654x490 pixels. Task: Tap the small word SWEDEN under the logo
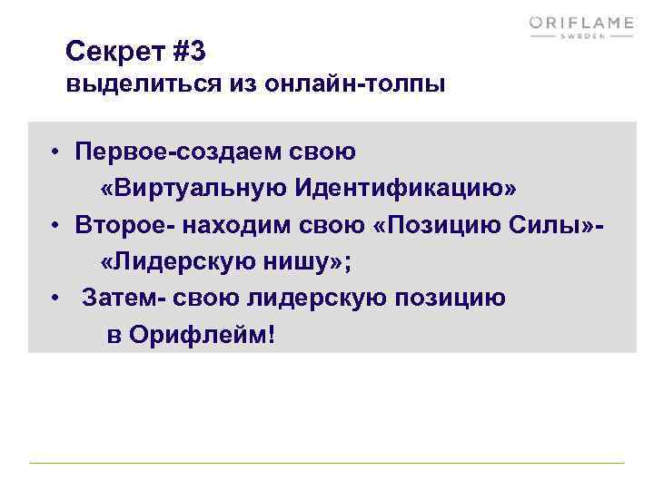click(582, 39)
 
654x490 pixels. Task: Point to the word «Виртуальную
click(191, 187)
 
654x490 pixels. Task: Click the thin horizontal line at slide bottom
click(327, 464)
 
